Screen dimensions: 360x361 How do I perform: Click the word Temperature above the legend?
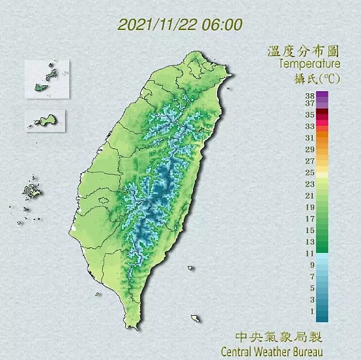309,64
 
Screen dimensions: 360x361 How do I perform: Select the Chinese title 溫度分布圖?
303,51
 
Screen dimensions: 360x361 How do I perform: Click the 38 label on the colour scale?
310,96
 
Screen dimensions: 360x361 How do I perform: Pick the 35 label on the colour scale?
310,115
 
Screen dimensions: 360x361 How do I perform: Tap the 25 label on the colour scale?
310,173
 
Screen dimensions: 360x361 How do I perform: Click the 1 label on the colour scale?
311,311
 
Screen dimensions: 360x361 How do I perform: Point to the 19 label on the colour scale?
310,207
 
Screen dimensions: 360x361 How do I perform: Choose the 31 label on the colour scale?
310,138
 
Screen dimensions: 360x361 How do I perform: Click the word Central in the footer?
238,352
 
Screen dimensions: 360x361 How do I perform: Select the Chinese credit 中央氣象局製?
278,337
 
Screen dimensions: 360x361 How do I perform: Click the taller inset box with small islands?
46,80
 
